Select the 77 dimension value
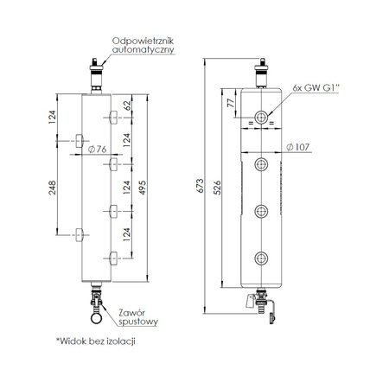[x=231, y=103]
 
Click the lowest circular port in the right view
[x=260, y=256]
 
